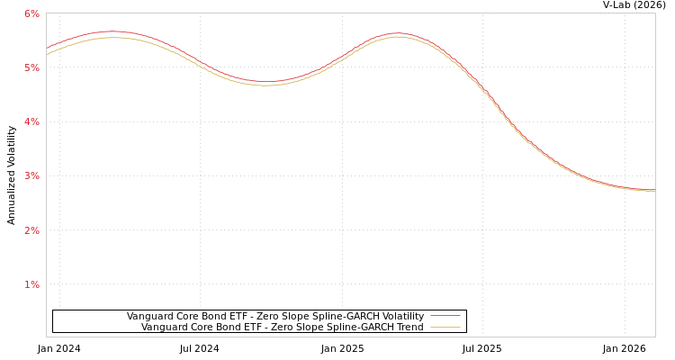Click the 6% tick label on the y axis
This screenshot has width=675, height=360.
pyautogui.click(x=31, y=13)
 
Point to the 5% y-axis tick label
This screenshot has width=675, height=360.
pyautogui.click(x=31, y=67)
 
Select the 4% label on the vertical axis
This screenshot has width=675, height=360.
pyautogui.click(x=31, y=121)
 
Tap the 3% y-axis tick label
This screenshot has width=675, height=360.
pyautogui.click(x=31, y=175)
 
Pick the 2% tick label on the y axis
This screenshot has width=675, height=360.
pyautogui.click(x=31, y=230)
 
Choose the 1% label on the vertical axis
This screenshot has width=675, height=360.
pyautogui.click(x=31, y=284)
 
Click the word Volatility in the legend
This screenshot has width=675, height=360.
pyautogui.click(x=401, y=317)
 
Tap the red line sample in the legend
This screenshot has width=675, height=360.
pyautogui.click(x=445, y=317)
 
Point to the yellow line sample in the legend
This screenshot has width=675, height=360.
pyautogui.click(x=445, y=328)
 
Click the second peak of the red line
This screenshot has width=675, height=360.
pyautogui.click(x=397, y=33)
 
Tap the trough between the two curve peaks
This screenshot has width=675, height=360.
pyautogui.click(x=266, y=82)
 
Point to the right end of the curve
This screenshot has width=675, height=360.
pyautogui.click(x=654, y=190)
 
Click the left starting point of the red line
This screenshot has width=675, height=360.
pyautogui.click(x=47, y=49)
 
